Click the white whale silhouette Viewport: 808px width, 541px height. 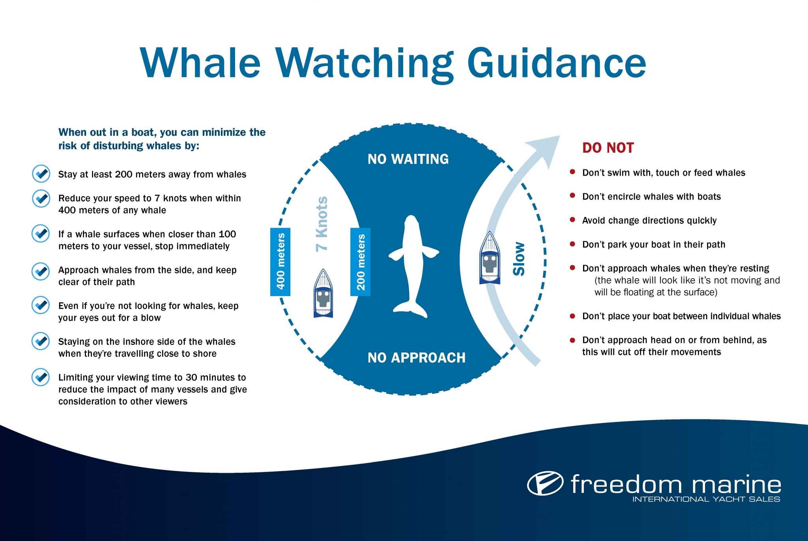tap(412, 260)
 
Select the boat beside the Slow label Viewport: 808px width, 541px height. tap(490, 258)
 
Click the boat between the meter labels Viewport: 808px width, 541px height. tap(323, 294)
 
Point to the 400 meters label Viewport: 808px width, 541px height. tap(280, 262)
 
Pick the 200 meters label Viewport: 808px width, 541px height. tap(360, 262)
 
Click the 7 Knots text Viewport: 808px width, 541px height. tap(322, 224)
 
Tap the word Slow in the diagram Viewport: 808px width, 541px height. tap(519, 259)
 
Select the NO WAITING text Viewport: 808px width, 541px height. tap(408, 159)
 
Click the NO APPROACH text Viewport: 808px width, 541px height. tap(416, 358)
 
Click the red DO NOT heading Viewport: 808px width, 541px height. tap(608, 148)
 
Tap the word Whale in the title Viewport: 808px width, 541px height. tap(200, 63)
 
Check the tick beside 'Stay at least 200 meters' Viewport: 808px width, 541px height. tap(41, 174)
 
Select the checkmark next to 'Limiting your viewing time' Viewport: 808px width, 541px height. tap(41, 377)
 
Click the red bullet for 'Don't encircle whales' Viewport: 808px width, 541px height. tap(572, 196)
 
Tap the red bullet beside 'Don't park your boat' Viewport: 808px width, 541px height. tap(572, 244)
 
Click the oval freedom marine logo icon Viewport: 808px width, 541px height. tap(545, 483)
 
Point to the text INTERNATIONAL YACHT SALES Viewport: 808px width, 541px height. tap(706, 499)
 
